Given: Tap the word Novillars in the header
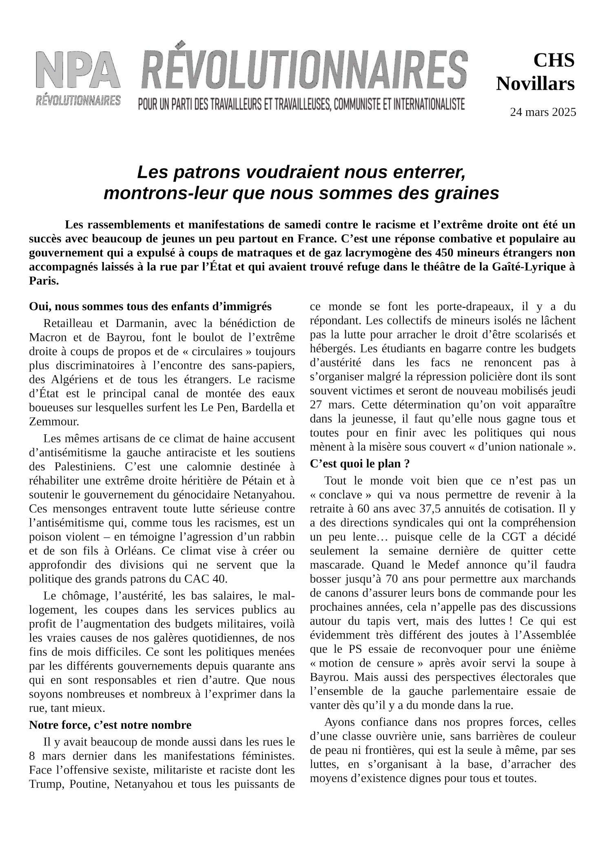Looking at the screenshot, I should [x=535, y=84].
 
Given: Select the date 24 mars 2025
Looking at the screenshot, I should [x=543, y=112].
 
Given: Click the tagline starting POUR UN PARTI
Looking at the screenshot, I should [x=301, y=104].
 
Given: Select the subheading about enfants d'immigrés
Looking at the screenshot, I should [x=150, y=306].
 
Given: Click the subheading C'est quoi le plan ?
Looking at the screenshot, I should [x=360, y=464].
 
